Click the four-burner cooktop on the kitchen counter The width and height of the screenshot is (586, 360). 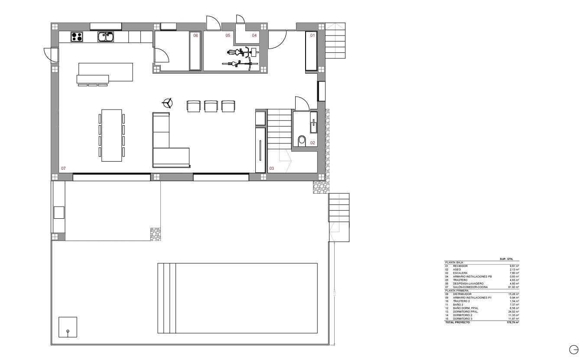77,37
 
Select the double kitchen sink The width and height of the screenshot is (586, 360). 105,37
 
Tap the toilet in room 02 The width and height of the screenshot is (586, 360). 302,140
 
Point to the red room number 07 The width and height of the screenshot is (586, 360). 63,168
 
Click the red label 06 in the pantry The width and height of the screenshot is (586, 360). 195,36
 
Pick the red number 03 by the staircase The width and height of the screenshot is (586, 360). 272,168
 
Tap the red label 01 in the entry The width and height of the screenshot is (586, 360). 312,36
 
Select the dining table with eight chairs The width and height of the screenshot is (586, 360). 111,135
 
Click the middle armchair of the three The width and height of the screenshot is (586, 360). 210,106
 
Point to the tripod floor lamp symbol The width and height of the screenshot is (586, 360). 167,103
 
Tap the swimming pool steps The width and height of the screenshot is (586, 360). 167,298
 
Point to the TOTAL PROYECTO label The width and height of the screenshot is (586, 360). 457,322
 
